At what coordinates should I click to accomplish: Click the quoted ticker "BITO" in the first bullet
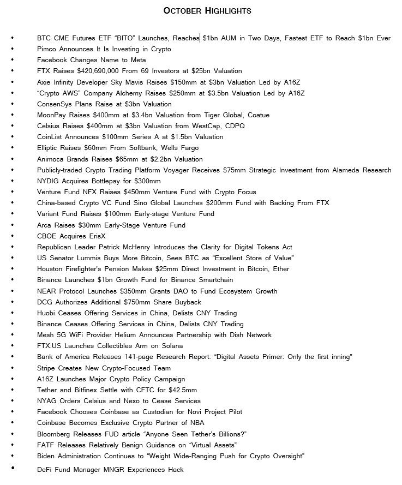pyautogui.click(x=125, y=38)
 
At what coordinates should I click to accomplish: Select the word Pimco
pyautogui.click(x=46, y=49)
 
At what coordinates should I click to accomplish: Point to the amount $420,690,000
pyautogui.click(x=93, y=71)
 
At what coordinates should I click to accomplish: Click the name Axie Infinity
pyautogui.click(x=57, y=82)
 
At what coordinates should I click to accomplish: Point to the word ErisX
pyautogui.click(x=95, y=236)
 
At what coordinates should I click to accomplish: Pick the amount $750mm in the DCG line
pyautogui.click(x=125, y=302)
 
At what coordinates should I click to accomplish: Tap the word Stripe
pyautogui.click(x=47, y=368)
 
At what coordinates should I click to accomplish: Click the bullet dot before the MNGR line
pyautogui.click(x=13, y=469)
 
